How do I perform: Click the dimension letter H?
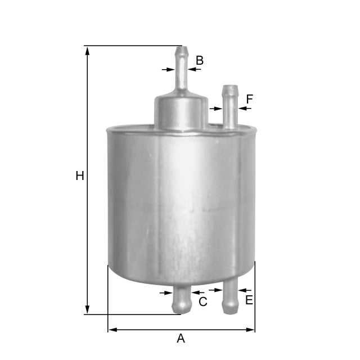80,176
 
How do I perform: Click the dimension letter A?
181,339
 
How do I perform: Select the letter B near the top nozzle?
199,61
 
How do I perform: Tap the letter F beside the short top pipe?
249,100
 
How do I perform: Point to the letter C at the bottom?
203,302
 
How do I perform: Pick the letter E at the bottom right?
249,300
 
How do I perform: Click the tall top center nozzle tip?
181,51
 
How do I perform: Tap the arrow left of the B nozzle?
168,69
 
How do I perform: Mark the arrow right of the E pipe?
243,291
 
